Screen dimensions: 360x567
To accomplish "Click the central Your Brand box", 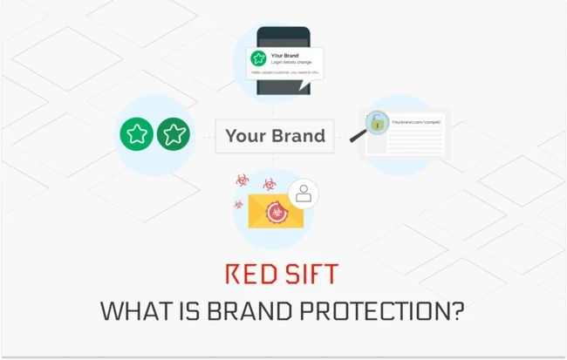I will (x=275, y=135).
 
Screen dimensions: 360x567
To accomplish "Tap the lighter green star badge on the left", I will (x=138, y=134).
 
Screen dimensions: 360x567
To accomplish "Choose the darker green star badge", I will (x=174, y=134).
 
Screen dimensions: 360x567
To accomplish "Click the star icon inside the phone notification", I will (x=258, y=58).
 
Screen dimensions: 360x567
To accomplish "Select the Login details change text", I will (x=290, y=62).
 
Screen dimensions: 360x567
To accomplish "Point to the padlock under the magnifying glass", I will (x=377, y=123).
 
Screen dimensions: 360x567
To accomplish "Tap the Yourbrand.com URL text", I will (x=415, y=123).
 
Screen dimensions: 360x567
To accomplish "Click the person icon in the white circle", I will (x=303, y=194).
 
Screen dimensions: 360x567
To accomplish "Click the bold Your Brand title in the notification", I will (x=285, y=54).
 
